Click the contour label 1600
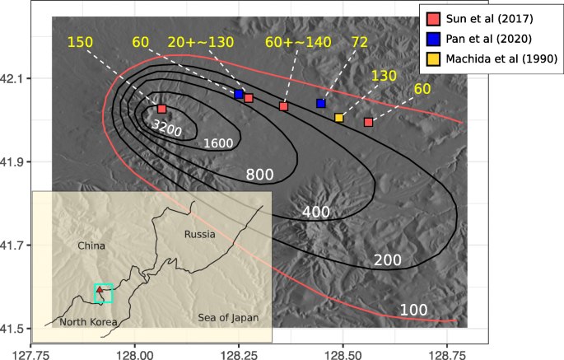point(217,143)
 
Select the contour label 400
point(315,212)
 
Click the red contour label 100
point(413,310)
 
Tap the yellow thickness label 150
point(80,41)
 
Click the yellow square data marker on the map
point(339,118)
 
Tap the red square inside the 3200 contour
point(161,109)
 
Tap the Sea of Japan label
point(228,318)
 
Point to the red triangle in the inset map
point(99,289)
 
